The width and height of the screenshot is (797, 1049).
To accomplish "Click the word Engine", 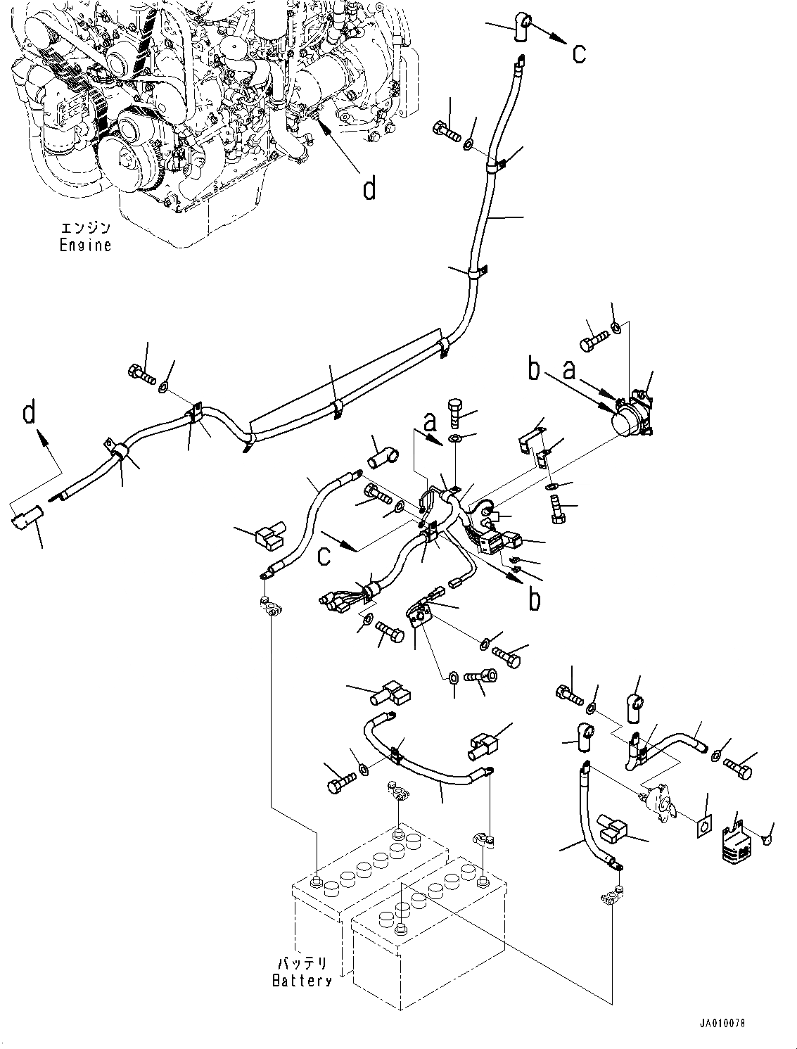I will coord(85,246).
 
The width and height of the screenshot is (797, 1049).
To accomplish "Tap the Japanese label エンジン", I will coord(85,228).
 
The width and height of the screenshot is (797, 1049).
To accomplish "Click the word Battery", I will coord(302,980).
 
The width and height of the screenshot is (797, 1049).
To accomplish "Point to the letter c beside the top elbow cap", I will coord(579,53).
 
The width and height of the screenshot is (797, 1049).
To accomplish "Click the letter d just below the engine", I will coord(369,188).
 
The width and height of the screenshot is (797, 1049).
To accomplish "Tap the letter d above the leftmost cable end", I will coord(29,412).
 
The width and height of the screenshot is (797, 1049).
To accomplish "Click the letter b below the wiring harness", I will coord(535,599).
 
